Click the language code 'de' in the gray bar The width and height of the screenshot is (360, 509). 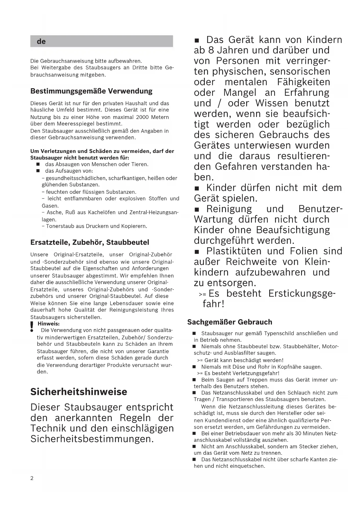coord(41,41)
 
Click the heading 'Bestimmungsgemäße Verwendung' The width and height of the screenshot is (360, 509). coord(91,91)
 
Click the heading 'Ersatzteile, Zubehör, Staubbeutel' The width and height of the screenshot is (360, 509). coord(90,242)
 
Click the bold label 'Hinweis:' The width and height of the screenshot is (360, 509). coord(49,324)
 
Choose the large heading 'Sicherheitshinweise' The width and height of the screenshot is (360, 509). coord(79,392)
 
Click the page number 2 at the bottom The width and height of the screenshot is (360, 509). coord(32,478)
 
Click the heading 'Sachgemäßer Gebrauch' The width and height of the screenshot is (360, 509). coord(229,322)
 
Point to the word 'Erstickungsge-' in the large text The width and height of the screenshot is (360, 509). coord(302,293)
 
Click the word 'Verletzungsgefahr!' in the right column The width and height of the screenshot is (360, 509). coord(260,373)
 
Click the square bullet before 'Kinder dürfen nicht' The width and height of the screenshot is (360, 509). coord(198,189)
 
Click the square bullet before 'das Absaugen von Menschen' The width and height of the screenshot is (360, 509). coord(38,165)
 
